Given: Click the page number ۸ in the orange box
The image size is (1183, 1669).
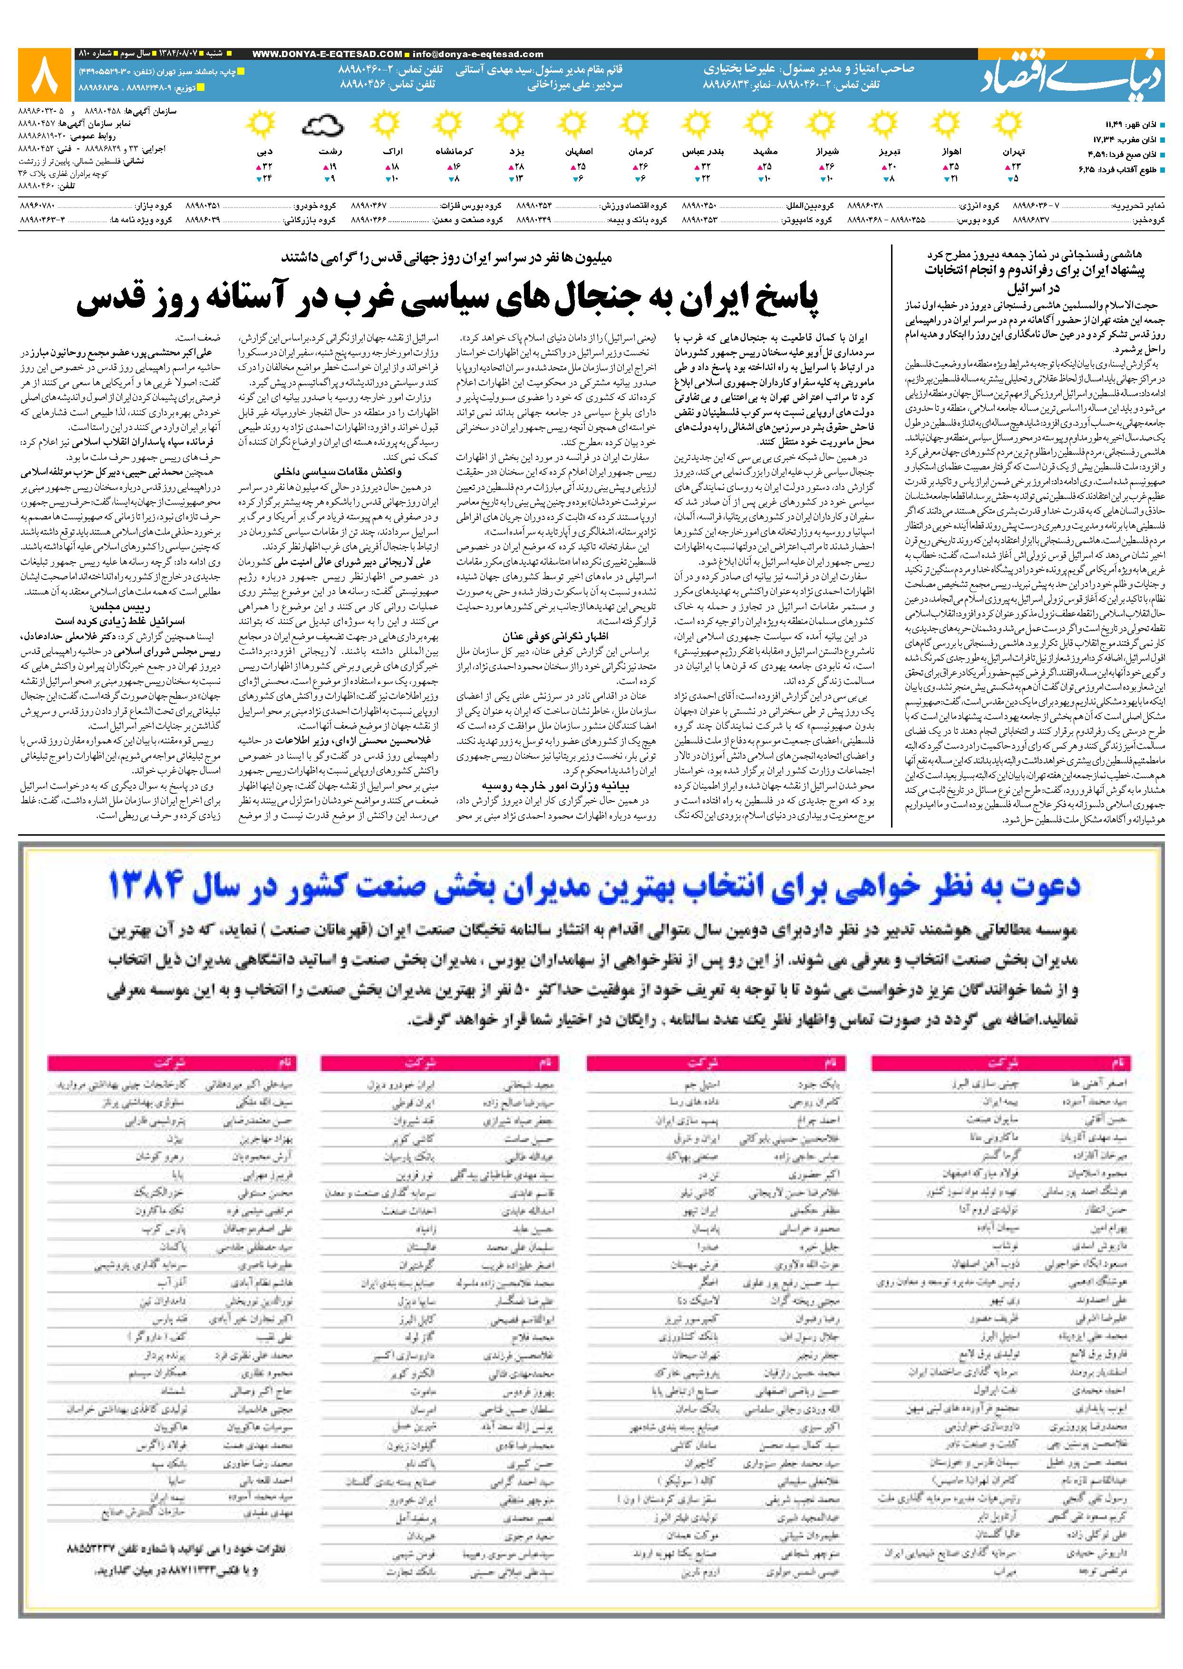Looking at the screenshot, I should (46, 75).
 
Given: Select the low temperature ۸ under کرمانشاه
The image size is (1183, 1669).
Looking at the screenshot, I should (456, 178).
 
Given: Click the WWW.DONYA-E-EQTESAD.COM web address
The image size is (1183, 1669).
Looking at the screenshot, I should (327, 54).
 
